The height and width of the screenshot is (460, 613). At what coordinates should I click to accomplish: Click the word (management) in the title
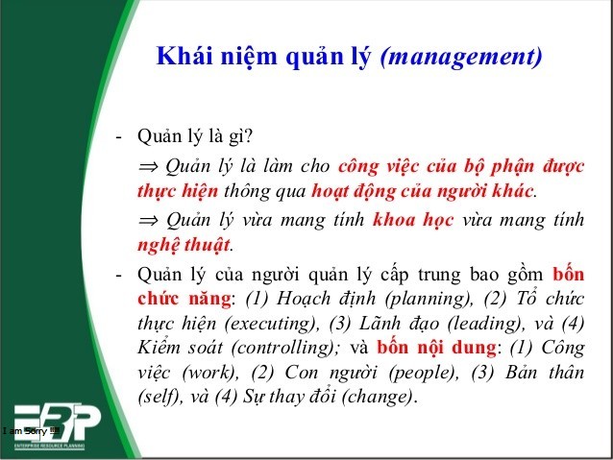[461, 58]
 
